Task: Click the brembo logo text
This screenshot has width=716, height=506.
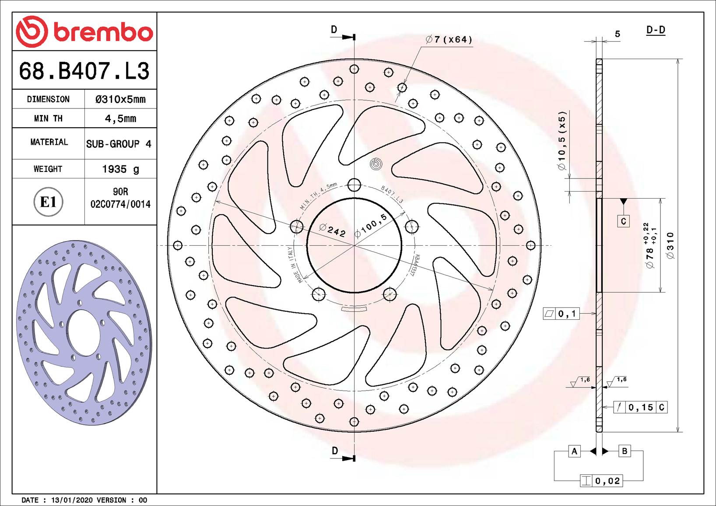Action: tap(103, 32)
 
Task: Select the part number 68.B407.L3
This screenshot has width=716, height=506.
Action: tap(84, 71)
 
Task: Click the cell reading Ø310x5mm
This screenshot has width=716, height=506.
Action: tap(120, 99)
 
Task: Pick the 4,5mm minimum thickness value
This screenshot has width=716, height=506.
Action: tap(120, 119)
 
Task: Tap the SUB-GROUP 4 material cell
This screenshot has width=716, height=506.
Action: tap(119, 144)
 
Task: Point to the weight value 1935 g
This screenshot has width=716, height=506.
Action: tap(120, 169)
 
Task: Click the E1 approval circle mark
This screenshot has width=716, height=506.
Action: tap(48, 202)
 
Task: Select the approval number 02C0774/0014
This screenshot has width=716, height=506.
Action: tap(120, 204)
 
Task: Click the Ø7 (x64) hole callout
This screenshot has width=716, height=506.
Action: tap(449, 40)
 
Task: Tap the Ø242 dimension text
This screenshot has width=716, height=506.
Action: tap(333, 230)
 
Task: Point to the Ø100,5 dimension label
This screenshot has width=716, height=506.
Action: tap(371, 226)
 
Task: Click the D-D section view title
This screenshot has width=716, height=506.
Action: tap(656, 30)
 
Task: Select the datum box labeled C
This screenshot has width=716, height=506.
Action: tap(623, 221)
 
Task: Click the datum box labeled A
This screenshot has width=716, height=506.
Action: tap(574, 451)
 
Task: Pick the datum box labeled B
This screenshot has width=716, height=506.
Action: tap(625, 451)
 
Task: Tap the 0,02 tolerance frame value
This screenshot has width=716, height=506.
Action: tap(607, 481)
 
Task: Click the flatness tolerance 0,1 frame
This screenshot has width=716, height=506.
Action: tap(567, 314)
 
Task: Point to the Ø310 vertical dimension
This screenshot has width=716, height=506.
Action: tap(670, 245)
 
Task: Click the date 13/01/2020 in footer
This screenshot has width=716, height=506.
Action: tap(72, 500)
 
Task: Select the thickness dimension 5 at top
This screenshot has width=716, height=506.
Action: tap(617, 34)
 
